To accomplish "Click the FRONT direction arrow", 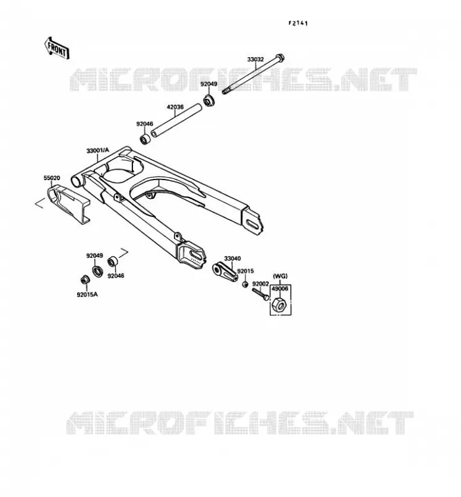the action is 57,48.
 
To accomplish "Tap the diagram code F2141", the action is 298,23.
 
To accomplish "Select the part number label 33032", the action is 255,59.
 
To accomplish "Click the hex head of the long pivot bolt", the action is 280,58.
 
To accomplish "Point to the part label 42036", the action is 175,107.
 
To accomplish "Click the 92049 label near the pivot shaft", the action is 209,84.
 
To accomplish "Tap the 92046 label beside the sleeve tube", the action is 145,124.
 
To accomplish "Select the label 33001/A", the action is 98,150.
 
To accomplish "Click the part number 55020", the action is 52,178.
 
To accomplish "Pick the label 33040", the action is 232,258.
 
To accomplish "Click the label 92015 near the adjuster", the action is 245,271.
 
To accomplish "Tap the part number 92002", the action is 260,284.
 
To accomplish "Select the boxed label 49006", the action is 280,289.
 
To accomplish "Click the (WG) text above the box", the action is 280,276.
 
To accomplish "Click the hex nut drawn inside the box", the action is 279,305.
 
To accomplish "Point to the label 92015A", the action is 87,294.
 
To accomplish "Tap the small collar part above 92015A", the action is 84,280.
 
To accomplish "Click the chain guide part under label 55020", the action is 68,203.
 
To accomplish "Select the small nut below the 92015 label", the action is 245,284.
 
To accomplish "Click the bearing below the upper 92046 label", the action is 145,139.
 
